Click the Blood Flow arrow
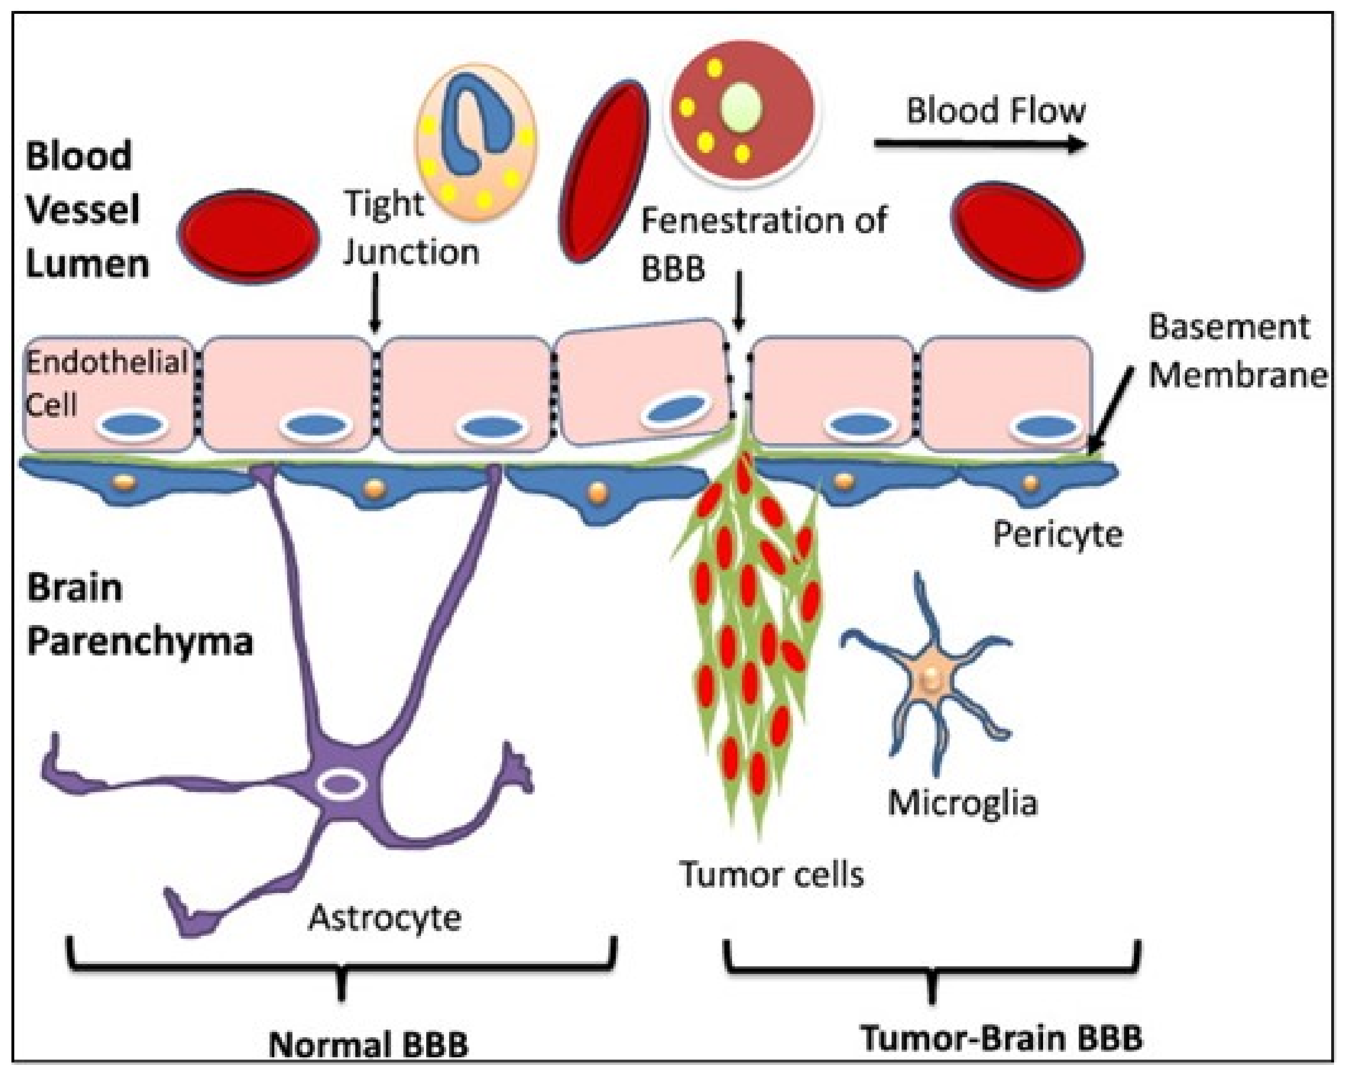981,144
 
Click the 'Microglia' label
963,803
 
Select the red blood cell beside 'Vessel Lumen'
248,238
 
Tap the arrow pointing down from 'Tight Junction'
374,302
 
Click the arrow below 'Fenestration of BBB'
739,300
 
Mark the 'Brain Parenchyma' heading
140,614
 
